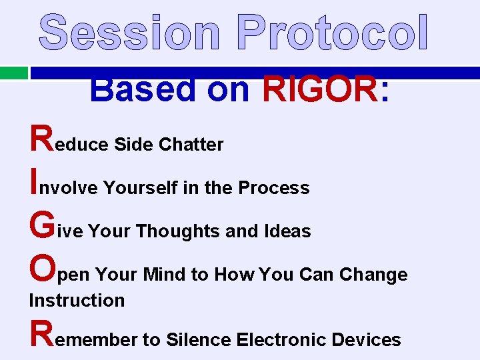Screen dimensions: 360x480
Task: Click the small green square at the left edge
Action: point(13,73)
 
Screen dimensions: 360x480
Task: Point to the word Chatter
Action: point(191,145)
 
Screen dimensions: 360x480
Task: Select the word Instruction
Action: point(77,300)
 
